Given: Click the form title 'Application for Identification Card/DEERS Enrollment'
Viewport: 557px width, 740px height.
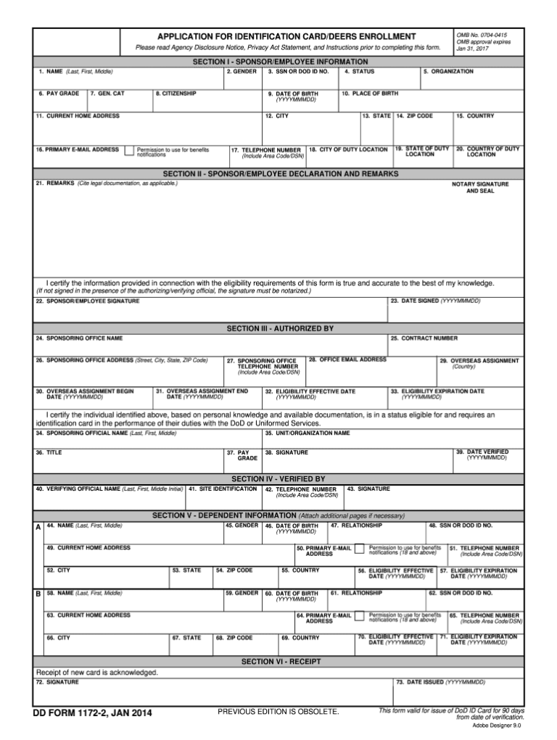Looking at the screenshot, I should pyautogui.click(x=286, y=36).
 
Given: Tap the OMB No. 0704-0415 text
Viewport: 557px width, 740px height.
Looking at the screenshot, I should pyautogui.click(x=482, y=35).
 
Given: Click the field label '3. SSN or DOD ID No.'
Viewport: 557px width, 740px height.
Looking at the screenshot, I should pyautogui.click(x=298, y=72).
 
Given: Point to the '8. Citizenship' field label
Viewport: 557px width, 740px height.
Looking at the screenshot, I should pyautogui.click(x=176, y=93).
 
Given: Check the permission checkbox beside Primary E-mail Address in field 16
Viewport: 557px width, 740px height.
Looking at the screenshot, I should pyautogui.click(x=128, y=151).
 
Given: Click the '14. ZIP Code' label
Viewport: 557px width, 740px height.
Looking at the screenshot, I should pyautogui.click(x=414, y=116).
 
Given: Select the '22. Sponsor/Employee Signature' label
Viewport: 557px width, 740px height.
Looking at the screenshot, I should pyautogui.click(x=88, y=301).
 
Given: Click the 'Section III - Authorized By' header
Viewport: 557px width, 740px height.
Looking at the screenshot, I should pyautogui.click(x=280, y=328).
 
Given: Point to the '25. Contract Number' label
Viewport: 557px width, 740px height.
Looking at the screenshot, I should pyautogui.click(x=424, y=338).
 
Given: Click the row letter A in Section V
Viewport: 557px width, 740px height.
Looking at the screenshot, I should pyautogui.click(x=38, y=528).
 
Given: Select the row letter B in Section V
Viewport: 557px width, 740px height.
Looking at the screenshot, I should pyautogui.click(x=38, y=594).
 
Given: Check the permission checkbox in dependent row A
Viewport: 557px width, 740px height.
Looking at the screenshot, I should pyautogui.click(x=359, y=549).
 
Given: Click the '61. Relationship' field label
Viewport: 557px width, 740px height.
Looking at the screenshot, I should pyautogui.click(x=356, y=593).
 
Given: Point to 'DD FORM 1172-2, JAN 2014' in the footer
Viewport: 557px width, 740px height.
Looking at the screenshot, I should pyautogui.click(x=92, y=714).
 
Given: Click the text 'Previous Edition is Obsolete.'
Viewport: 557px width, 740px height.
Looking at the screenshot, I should pyautogui.click(x=278, y=712).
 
